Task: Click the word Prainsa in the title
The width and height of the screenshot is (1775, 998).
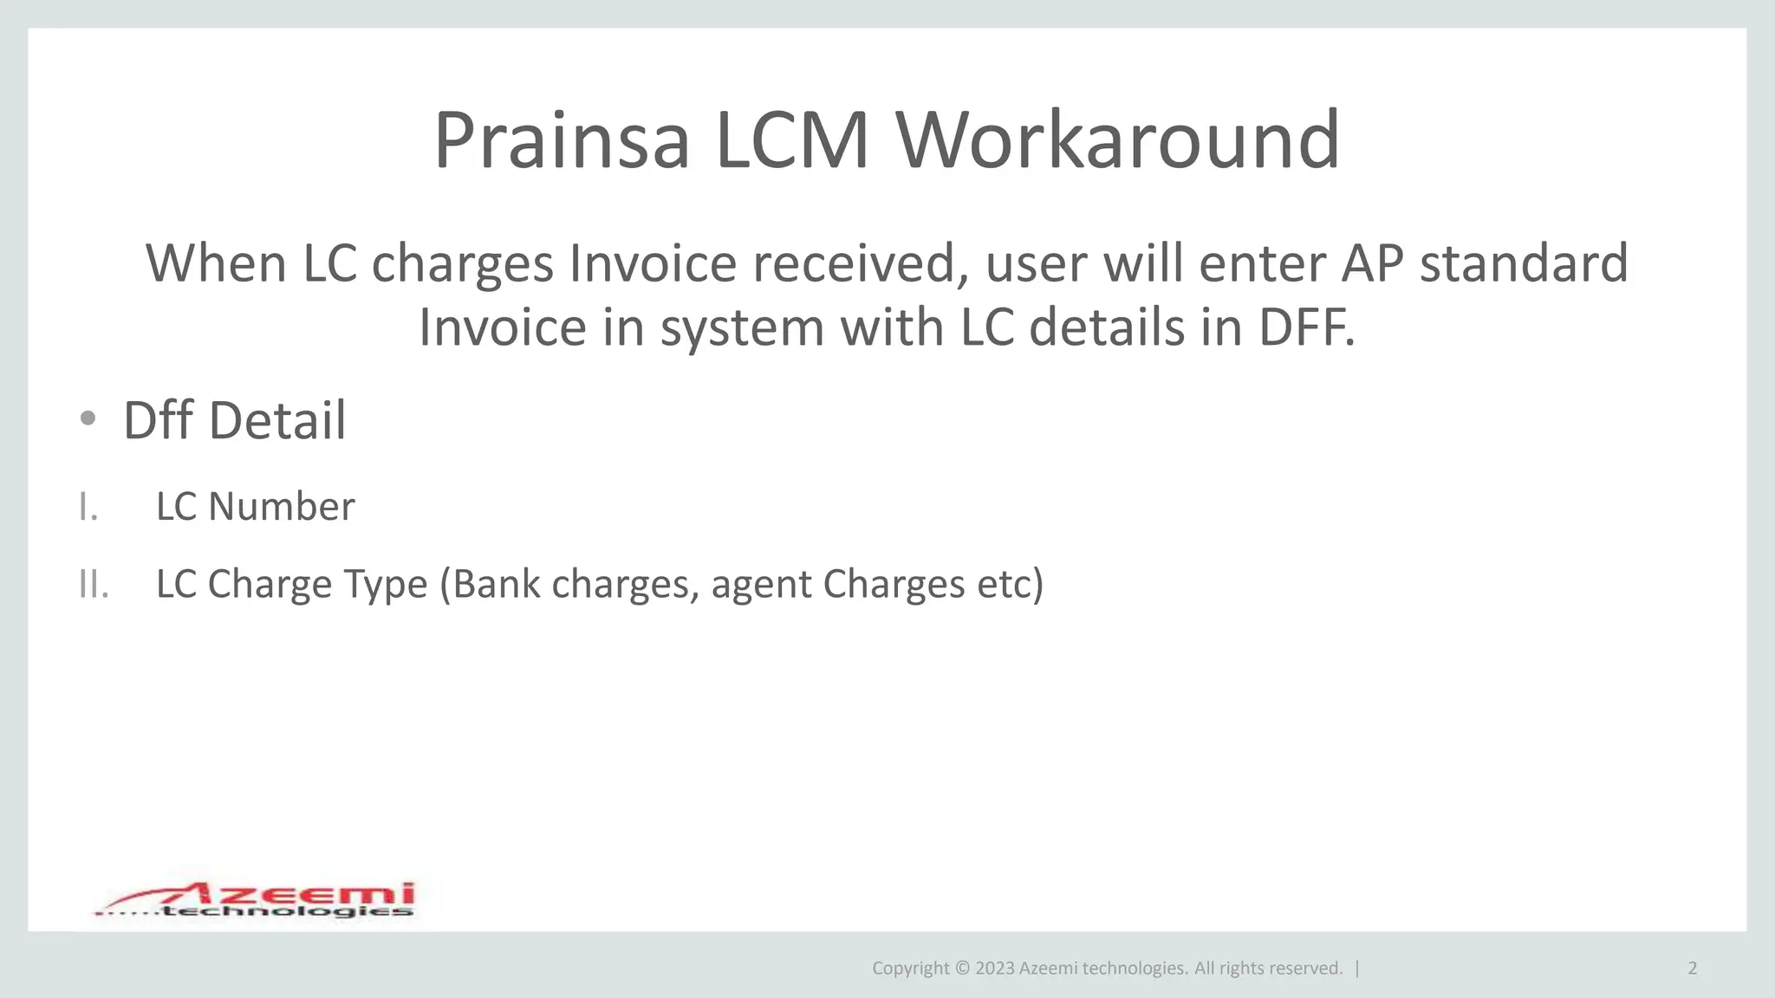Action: (x=562, y=140)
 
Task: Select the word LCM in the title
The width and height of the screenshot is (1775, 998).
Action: (x=792, y=140)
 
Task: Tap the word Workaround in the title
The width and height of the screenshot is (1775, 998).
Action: (x=1118, y=140)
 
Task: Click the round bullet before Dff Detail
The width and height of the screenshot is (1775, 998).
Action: (x=88, y=419)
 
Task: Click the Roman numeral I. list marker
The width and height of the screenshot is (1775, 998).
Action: (x=88, y=507)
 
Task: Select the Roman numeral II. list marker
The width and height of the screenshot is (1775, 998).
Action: (x=94, y=584)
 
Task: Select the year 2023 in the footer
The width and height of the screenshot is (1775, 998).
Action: (x=994, y=969)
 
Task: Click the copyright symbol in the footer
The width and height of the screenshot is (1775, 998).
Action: (x=962, y=969)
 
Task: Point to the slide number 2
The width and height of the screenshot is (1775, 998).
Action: (x=1692, y=969)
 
